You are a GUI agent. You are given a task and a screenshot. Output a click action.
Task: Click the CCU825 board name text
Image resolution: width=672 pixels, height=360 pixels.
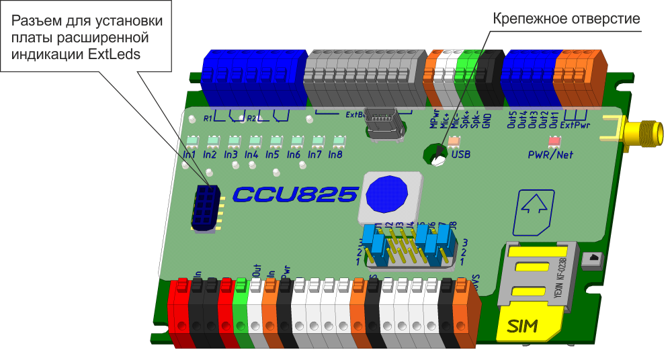pyautogui.click(x=294, y=195)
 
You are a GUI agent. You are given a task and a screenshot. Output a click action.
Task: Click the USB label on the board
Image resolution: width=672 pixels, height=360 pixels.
pyautogui.click(x=461, y=154)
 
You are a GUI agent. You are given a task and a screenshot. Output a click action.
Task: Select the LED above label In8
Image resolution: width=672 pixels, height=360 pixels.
pyautogui.click(x=337, y=141)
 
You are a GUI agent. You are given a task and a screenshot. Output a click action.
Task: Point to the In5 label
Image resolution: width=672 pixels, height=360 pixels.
pyautogui.click(x=272, y=154)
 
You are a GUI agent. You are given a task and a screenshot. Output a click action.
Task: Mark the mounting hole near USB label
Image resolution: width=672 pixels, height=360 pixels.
pyautogui.click(x=437, y=156)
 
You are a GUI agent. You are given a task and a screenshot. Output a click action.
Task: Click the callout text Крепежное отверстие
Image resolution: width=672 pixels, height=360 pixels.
pyautogui.click(x=567, y=19)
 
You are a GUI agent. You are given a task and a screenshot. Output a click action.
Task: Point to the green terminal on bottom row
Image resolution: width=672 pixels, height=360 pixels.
pyautogui.click(x=241, y=312)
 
